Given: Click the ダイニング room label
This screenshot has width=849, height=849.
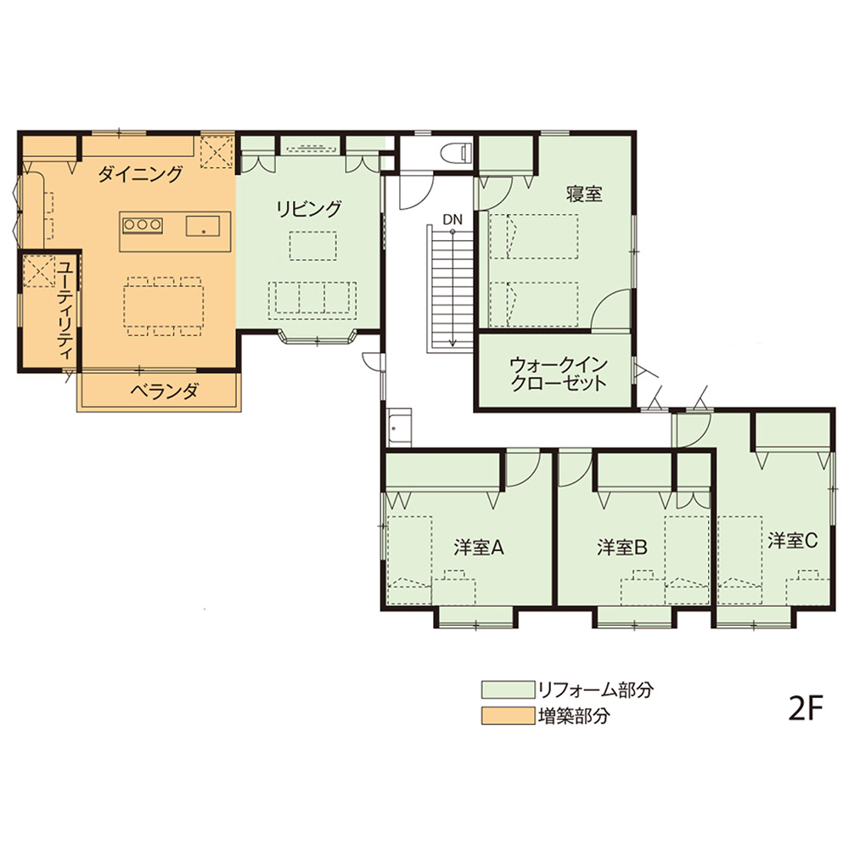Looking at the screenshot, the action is (140, 174).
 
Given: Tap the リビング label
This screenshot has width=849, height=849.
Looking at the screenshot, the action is (309, 209).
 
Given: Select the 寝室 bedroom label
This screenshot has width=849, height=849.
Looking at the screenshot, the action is (584, 194).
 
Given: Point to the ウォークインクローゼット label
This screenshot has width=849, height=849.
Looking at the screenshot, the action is (559, 374).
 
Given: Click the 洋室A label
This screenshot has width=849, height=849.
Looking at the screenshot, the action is (479, 548).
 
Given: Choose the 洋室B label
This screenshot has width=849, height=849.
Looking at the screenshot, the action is (622, 548).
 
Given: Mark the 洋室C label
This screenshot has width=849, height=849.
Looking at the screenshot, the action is (793, 540).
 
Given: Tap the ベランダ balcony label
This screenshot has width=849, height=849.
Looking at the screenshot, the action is (164, 391).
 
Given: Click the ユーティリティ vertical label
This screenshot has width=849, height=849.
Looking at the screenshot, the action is (65, 310).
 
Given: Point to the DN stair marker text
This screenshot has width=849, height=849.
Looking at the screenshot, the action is (453, 220).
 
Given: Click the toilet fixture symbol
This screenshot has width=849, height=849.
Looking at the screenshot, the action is (453, 152).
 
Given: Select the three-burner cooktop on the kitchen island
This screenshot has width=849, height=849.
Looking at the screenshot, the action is (143, 225).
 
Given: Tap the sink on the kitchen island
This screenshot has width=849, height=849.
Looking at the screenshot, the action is (203, 226).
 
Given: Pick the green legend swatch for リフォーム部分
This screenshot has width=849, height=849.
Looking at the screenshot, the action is (508, 689).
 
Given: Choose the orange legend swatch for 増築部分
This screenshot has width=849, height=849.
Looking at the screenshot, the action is (508, 716).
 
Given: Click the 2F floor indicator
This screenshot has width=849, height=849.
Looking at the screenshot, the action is (805, 710).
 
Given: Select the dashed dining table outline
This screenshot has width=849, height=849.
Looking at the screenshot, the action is (164, 306).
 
